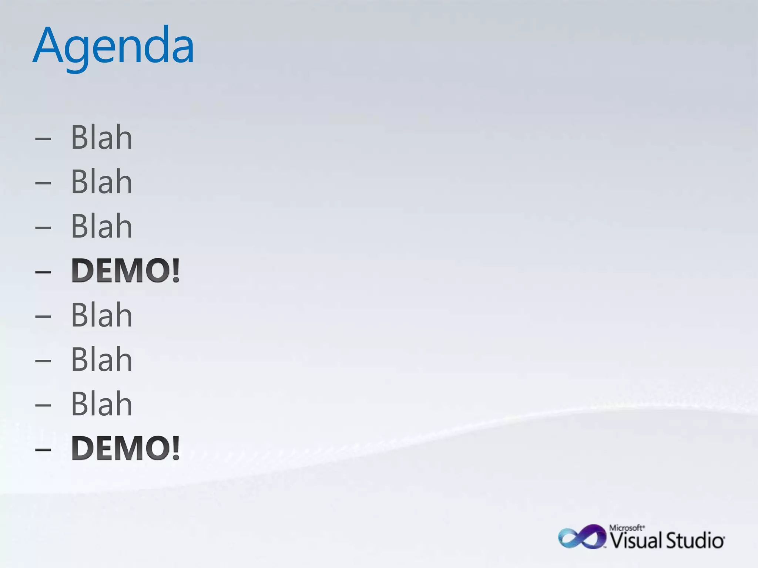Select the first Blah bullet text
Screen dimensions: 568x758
point(101,138)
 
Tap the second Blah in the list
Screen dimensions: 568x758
point(101,182)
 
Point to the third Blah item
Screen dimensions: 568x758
point(101,226)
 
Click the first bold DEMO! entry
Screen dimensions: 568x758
point(125,271)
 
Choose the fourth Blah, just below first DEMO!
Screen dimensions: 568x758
point(101,315)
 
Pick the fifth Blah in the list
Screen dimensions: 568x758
point(101,359)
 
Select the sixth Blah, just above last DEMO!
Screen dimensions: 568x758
point(101,404)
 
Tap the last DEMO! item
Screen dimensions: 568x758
point(125,448)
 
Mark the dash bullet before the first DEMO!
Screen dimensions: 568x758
point(43,272)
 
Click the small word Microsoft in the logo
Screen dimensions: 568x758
point(627,528)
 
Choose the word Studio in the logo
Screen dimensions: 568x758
point(695,541)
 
